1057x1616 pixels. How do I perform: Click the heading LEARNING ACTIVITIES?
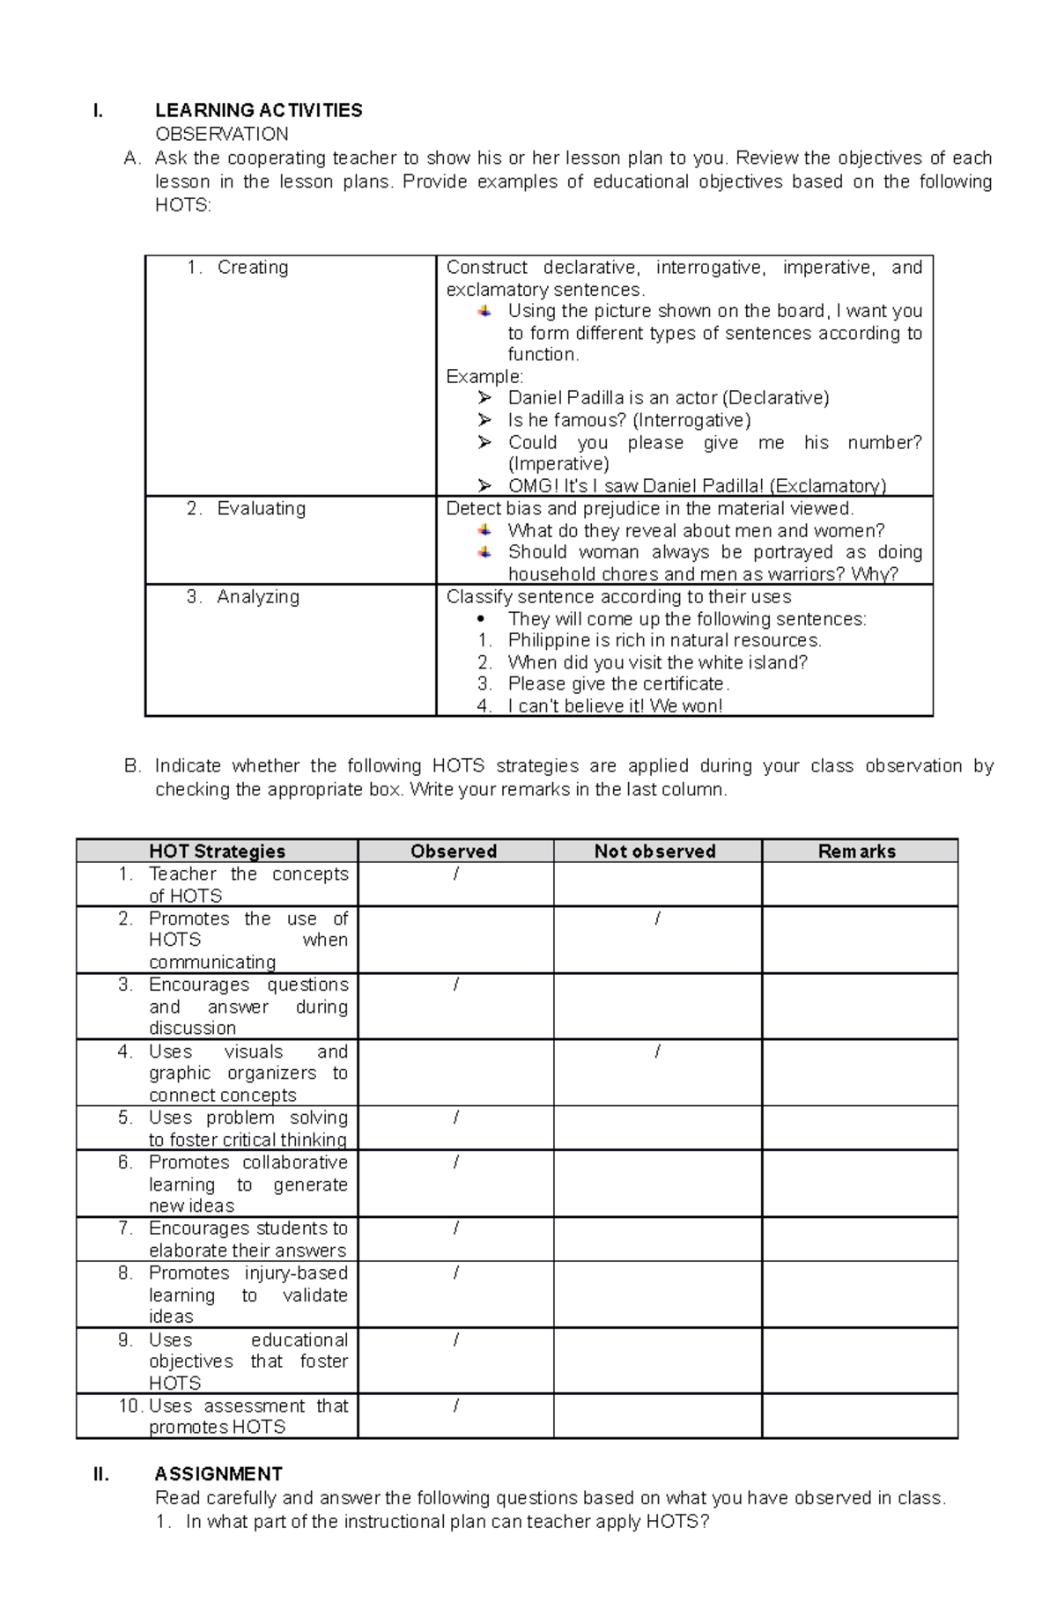tap(258, 110)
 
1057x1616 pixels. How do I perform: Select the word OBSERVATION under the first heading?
tap(221, 134)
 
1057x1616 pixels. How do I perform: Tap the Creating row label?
tap(252, 267)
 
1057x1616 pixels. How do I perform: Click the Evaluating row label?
tap(261, 508)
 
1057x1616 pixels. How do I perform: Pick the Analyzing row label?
tap(257, 596)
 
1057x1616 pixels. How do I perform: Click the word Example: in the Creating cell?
tap(484, 376)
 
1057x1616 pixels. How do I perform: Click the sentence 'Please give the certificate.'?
tap(618, 683)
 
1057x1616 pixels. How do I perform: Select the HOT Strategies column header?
tap(217, 851)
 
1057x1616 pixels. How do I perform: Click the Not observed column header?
tap(654, 851)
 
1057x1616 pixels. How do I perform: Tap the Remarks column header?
tap(856, 851)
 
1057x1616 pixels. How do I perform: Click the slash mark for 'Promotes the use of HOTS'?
tap(657, 919)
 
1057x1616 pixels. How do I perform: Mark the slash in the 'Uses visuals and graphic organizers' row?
tap(657, 1052)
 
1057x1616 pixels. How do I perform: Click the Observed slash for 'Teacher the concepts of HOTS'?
tap(455, 874)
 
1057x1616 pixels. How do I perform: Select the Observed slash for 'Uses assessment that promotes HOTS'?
tap(455, 1406)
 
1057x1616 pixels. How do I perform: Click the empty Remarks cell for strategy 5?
tap(859, 1128)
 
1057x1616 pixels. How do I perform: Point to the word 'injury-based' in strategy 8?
tap(296, 1273)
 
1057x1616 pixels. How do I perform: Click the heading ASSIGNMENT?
tap(218, 1473)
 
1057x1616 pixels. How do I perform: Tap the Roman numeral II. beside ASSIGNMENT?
tap(101, 1473)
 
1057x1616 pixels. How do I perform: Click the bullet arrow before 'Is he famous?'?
tap(484, 420)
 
